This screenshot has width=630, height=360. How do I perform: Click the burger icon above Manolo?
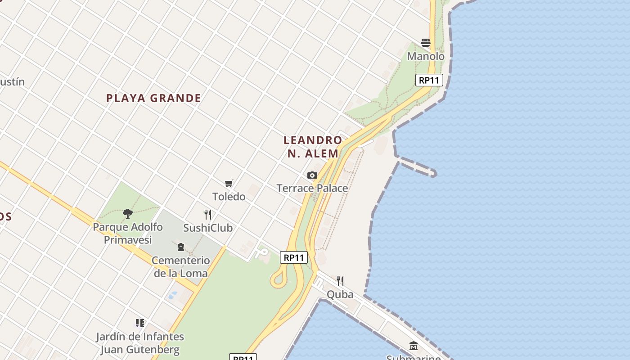point(426,43)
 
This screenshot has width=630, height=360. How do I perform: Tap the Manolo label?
point(426,56)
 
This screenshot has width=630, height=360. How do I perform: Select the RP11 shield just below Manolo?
point(429,81)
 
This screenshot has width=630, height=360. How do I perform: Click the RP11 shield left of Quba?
point(294,258)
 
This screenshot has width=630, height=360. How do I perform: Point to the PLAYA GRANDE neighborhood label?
point(153,98)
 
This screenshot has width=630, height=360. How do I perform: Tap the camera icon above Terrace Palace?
point(312,175)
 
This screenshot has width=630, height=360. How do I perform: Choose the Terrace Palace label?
point(312,188)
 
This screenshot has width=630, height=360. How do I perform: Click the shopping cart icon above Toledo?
point(229,183)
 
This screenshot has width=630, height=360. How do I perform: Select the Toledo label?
point(229,197)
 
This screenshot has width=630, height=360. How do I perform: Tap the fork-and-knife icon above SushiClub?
point(208,214)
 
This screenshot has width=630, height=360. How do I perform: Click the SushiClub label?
point(208,228)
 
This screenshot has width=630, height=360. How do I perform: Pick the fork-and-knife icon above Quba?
point(340,281)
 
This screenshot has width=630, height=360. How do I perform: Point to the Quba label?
point(340,295)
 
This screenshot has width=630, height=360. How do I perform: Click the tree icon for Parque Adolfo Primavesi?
point(128,213)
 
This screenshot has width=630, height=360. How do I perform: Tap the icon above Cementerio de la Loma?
point(181,247)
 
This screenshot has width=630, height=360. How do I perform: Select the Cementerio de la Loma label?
point(181,266)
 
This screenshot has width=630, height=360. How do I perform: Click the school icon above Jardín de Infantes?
point(140,323)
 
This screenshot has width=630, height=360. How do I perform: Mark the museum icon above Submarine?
point(414,346)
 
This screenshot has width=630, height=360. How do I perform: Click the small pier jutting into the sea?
point(417,166)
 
